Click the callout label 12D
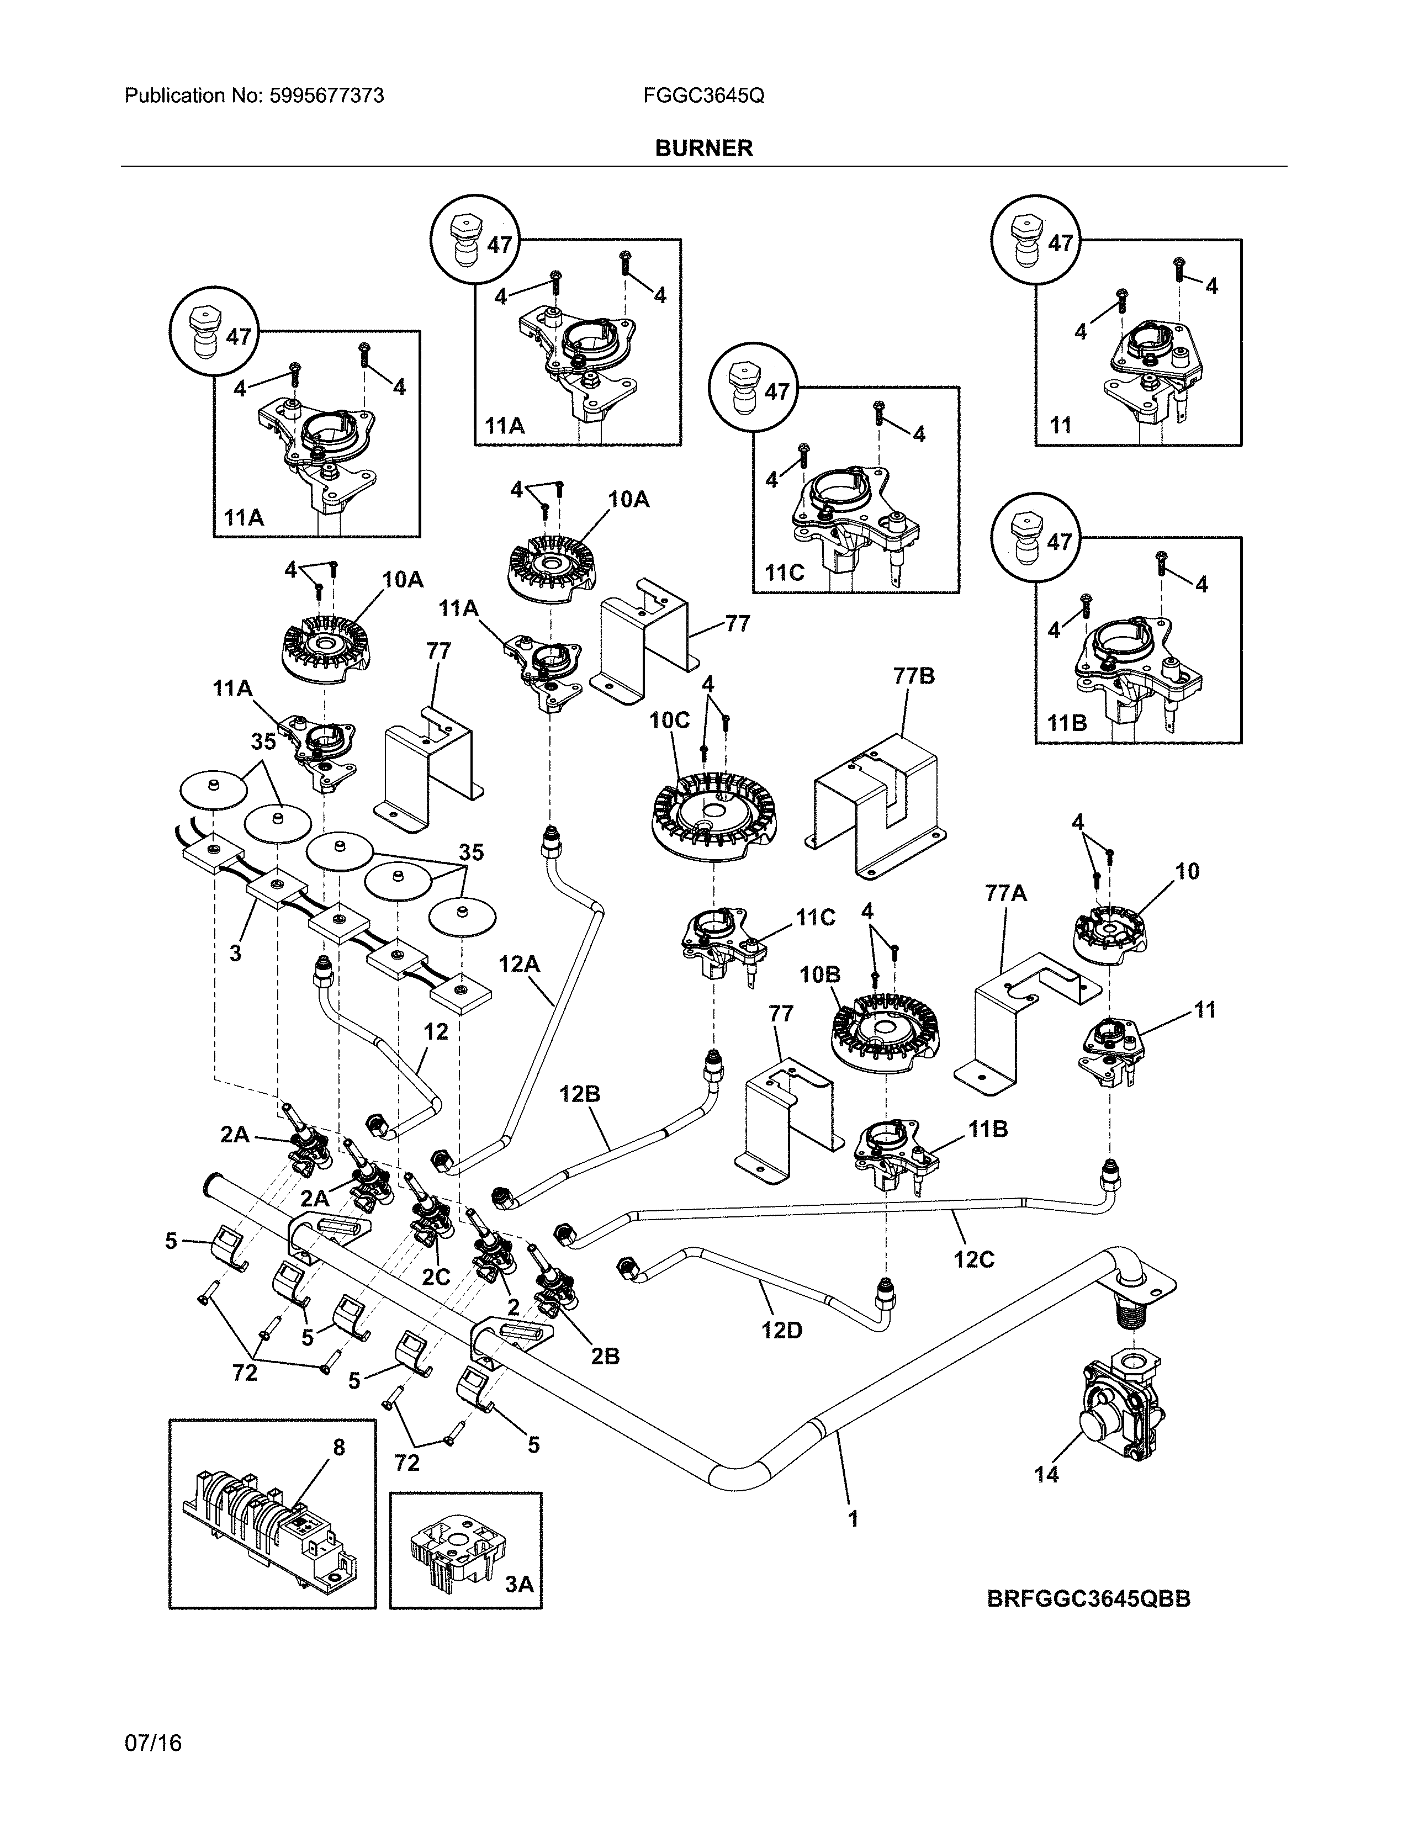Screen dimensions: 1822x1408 click(x=781, y=1330)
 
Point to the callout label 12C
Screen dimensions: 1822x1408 click(x=973, y=1259)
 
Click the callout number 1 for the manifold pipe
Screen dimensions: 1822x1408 click(x=853, y=1519)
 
